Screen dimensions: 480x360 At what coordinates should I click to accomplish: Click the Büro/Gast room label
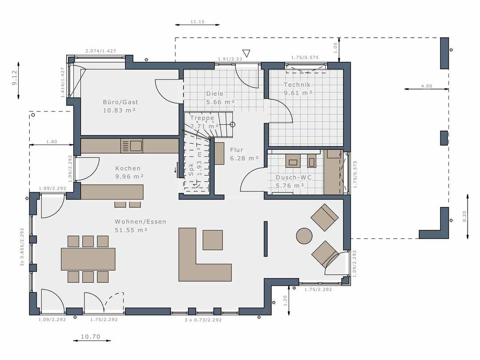(x=120, y=102)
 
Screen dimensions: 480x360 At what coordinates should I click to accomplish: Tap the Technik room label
(x=297, y=84)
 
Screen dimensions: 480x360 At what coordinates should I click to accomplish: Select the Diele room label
(x=215, y=94)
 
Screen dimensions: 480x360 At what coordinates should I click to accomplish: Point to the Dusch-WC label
(x=294, y=177)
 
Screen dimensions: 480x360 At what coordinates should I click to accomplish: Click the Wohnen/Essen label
(x=140, y=222)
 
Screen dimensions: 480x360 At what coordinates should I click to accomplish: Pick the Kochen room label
(x=128, y=168)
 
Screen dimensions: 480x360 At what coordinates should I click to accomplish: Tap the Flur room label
(x=236, y=150)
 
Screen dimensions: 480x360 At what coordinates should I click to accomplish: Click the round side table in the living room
(x=304, y=236)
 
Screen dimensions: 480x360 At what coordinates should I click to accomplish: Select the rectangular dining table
(x=88, y=259)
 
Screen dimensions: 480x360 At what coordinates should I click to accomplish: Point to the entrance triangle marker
(x=246, y=53)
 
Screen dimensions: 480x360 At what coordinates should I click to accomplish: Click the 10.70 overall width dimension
(x=91, y=337)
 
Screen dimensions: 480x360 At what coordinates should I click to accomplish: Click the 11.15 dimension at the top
(x=197, y=22)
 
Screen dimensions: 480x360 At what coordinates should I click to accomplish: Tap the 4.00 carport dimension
(x=426, y=86)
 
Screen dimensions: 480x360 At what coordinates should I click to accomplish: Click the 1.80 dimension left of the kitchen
(x=52, y=142)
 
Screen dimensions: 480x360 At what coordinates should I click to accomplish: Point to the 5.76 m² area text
(x=290, y=186)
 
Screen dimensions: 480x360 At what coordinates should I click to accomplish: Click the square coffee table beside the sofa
(x=213, y=240)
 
